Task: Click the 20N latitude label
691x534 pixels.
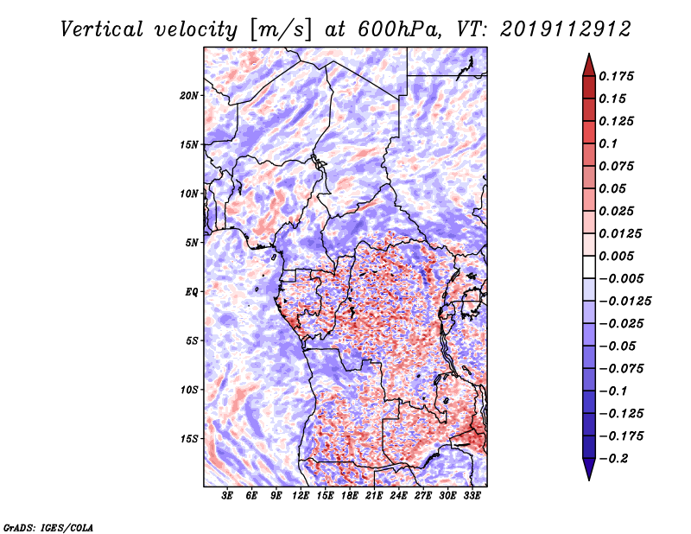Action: [x=189, y=96]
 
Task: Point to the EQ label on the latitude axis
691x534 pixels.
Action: [x=192, y=292]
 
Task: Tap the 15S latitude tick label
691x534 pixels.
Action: [x=189, y=439]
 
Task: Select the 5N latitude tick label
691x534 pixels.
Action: [x=192, y=243]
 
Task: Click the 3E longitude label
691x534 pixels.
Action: [x=227, y=495]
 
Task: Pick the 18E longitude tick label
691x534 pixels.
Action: [x=350, y=495]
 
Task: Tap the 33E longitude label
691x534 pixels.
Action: [x=472, y=495]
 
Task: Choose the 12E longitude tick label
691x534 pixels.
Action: [x=301, y=495]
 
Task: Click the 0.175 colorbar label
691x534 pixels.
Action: [x=616, y=76]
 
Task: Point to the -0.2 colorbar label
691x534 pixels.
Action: [x=613, y=459]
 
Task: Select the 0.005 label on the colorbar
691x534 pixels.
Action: [x=616, y=256]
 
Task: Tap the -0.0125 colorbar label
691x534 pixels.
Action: [x=624, y=302]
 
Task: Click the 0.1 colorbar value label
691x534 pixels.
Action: [x=608, y=143]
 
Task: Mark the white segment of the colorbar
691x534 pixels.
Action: [x=589, y=267]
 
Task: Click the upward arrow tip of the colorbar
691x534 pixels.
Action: [x=589, y=54]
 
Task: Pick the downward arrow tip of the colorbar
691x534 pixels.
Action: [x=589, y=480]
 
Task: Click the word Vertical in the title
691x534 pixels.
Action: [x=102, y=29]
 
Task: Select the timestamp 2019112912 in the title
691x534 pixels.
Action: [x=566, y=29]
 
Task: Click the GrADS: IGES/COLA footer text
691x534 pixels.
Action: [x=48, y=527]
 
